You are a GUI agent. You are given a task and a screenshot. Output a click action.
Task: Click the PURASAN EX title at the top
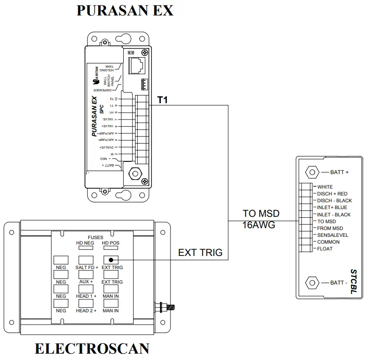coord(125,10)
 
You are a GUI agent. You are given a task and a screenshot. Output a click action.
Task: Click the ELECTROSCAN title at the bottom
coord(92,349)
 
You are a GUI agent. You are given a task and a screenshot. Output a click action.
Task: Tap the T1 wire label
coord(163,100)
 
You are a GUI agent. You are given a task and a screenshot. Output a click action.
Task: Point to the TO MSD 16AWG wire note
coord(261,219)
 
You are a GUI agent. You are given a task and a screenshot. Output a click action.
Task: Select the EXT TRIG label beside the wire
coord(200,252)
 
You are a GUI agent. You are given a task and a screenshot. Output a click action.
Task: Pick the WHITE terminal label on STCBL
coord(325,187)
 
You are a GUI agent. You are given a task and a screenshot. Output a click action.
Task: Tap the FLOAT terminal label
coord(325,249)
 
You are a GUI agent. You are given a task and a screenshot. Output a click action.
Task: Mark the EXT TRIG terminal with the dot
coord(111,260)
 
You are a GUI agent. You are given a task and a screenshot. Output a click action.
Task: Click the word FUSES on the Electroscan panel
coord(95,237)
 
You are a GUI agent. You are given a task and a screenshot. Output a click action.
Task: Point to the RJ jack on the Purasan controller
coord(136,65)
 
